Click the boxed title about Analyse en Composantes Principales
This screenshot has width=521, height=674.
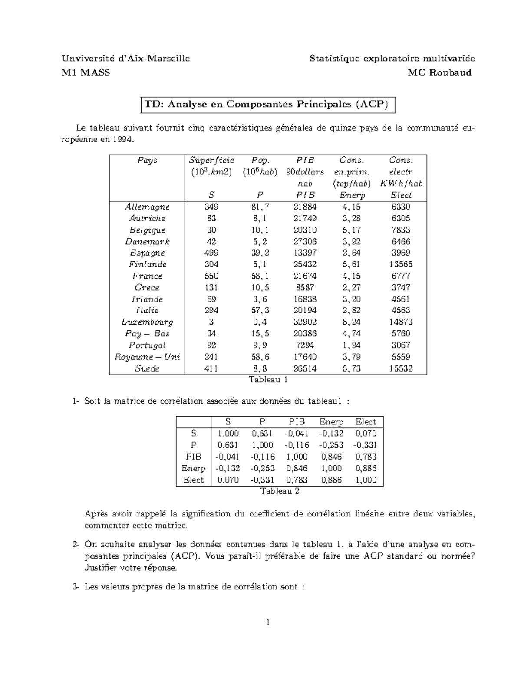click(x=268, y=105)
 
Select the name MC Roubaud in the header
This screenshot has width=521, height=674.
click(x=439, y=72)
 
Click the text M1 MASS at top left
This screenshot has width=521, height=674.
click(x=86, y=72)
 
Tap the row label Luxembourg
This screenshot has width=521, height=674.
click(x=147, y=322)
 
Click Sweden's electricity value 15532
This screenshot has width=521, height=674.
click(x=401, y=368)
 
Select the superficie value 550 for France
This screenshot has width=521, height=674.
click(x=211, y=276)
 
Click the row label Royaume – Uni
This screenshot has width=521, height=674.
click(x=147, y=357)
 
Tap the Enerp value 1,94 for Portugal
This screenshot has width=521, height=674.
click(x=351, y=345)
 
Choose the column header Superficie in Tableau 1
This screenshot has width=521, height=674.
click(x=211, y=161)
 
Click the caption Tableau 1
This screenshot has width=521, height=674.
click(x=268, y=380)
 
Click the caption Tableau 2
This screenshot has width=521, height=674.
click(x=280, y=491)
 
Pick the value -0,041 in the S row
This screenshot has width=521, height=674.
click(x=297, y=434)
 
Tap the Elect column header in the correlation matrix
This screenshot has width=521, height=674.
click(x=366, y=422)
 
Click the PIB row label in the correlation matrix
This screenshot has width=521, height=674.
click(x=194, y=457)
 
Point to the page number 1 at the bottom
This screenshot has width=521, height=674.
click(x=268, y=622)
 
